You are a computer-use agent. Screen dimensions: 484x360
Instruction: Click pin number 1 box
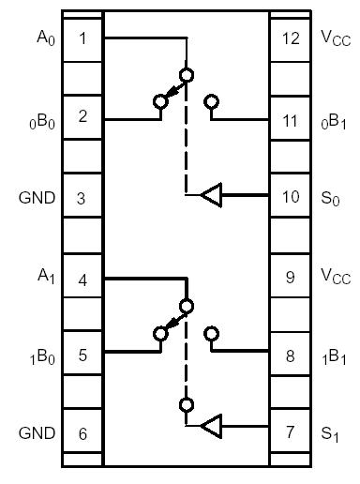point(82,38)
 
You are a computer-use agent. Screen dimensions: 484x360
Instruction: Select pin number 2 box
point(82,117)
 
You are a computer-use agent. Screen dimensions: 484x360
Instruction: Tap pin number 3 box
point(82,198)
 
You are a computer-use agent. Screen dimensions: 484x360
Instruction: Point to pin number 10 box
point(290,198)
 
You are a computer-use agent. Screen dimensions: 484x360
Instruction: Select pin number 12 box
point(290,38)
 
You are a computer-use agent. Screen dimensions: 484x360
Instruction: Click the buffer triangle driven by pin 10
point(212,195)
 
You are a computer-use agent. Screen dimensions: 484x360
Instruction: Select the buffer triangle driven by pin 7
point(212,428)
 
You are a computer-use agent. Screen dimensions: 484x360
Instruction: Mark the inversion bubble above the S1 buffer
point(187,405)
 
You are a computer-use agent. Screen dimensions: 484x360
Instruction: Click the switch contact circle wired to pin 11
point(212,101)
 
